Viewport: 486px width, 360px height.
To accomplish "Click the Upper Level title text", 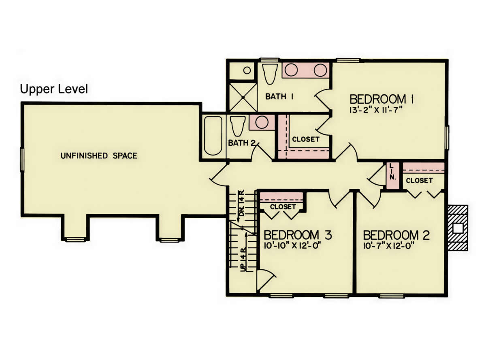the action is [54, 89].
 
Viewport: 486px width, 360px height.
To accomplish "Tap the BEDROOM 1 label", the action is [382, 99].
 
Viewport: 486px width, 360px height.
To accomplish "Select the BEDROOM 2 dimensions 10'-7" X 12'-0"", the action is [389, 246].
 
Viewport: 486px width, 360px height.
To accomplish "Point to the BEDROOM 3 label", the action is [298, 235].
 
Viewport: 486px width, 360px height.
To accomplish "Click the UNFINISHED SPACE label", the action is [99, 156].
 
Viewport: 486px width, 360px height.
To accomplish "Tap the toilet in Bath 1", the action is [270, 74].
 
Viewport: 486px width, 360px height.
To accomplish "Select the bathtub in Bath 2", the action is [213, 136].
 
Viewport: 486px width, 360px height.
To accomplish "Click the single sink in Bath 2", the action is [262, 122].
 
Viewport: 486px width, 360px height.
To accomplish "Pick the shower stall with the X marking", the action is [243, 97].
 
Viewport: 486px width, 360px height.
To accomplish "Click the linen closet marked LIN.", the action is [393, 176].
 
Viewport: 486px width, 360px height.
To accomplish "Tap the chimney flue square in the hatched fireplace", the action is [458, 228].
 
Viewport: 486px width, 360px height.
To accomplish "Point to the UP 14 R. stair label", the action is [243, 259].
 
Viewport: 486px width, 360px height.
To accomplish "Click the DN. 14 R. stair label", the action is [242, 203].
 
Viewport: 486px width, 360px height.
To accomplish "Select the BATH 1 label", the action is [279, 96].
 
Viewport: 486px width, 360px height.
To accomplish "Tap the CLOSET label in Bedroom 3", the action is [283, 207].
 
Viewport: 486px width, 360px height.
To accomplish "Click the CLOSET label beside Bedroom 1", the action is [306, 139].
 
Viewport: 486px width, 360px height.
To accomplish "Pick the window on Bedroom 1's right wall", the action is [447, 138].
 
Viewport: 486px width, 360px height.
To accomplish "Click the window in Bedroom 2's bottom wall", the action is [392, 296].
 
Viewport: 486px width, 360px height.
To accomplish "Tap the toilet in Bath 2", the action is [237, 126].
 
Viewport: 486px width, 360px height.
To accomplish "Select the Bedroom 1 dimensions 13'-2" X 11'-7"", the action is [376, 110].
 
